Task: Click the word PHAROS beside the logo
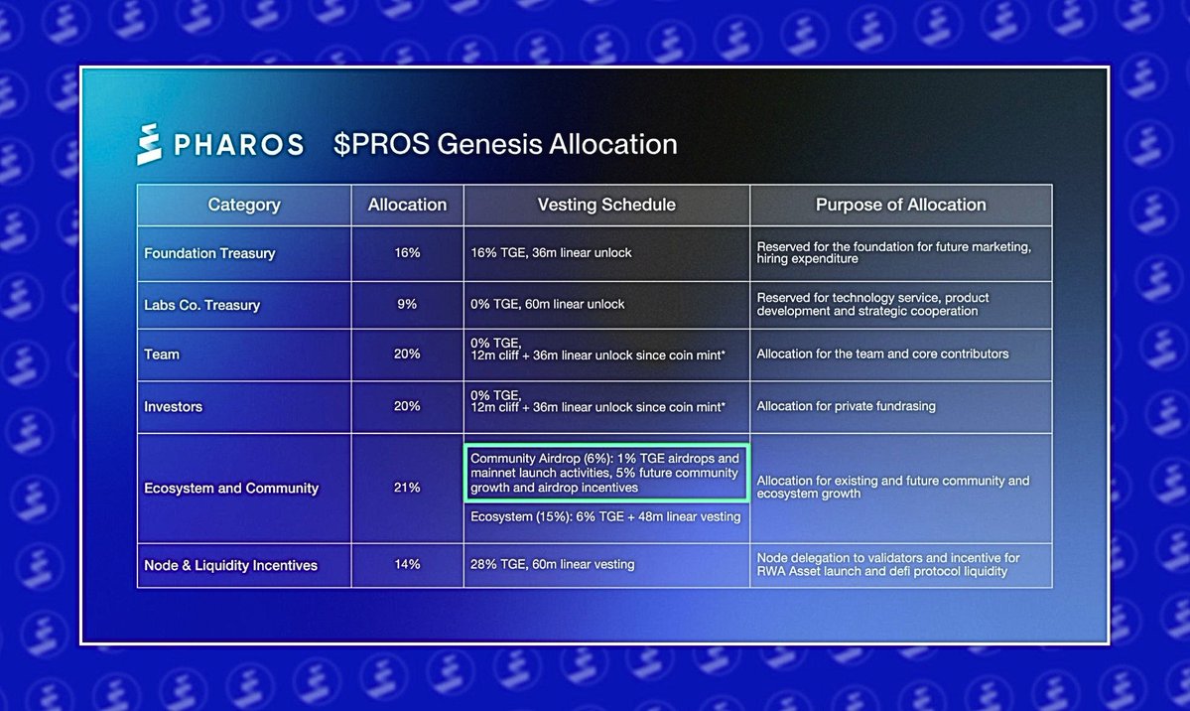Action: (x=238, y=145)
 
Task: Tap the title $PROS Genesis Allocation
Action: (x=505, y=144)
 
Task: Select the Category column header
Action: (x=244, y=205)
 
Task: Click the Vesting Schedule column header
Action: (x=606, y=205)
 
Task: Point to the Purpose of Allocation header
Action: (x=900, y=205)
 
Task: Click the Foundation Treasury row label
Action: (x=209, y=253)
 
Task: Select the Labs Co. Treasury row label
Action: (x=201, y=305)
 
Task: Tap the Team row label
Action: (x=162, y=354)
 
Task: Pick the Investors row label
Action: (x=175, y=406)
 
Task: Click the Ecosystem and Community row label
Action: (x=231, y=489)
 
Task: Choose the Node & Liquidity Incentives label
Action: (x=230, y=565)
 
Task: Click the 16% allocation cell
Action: (x=407, y=253)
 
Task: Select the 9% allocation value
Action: (x=407, y=305)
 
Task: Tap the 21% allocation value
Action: (x=407, y=489)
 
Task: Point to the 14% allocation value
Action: (x=407, y=565)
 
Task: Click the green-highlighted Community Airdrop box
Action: (x=606, y=474)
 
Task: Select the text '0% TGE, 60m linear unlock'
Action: (x=548, y=304)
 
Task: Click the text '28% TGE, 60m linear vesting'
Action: (x=552, y=565)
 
